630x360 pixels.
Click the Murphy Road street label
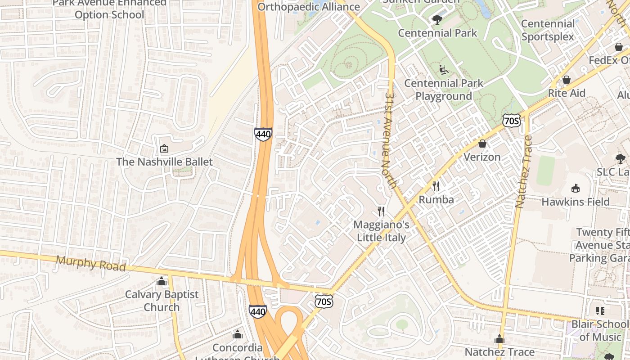90,264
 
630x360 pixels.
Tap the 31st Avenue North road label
391,140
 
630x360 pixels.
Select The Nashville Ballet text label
164,162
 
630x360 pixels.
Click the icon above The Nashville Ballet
164,148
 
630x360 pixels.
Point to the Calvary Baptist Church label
162,301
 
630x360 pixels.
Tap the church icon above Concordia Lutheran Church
237,334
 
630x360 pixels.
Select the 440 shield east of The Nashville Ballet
263,134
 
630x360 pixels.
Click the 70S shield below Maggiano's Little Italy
324,301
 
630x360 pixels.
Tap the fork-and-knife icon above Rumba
436,186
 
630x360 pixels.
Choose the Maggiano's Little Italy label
382,231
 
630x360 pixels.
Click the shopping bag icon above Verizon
482,144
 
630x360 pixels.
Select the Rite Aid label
567,93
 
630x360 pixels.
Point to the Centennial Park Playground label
443,90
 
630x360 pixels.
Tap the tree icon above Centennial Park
437,19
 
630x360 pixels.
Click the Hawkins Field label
576,202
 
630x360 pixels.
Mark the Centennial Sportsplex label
548,30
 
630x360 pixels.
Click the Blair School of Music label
600,330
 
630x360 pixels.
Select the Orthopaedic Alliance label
309,7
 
